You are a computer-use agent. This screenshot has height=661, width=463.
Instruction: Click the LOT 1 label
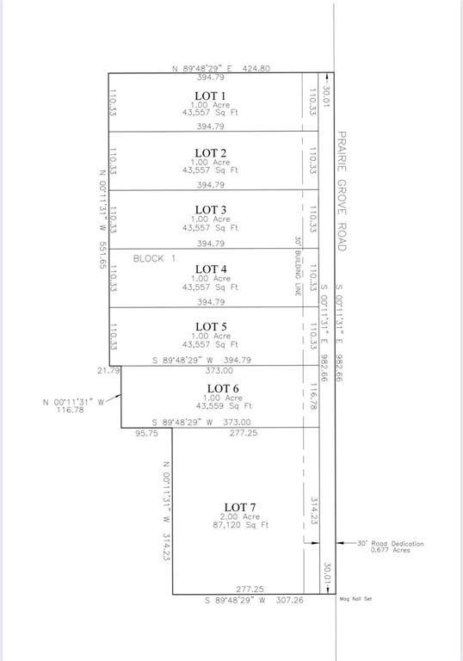210,96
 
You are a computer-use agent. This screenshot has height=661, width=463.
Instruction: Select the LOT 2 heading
210,152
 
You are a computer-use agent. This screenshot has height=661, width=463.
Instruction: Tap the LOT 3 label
210,210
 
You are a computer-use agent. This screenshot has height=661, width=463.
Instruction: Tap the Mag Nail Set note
357,599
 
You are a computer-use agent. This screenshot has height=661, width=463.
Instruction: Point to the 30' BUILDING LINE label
297,267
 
